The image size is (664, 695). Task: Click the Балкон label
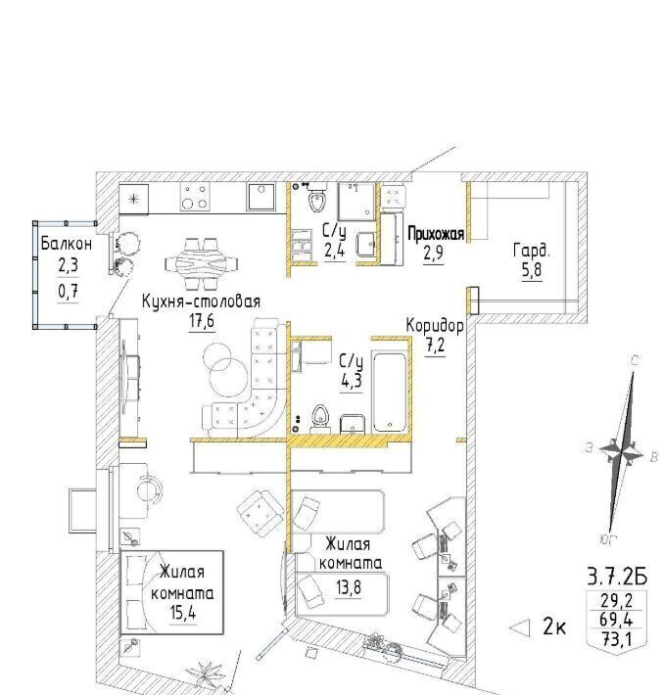[66, 244]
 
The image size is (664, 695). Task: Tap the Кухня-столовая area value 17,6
[202, 321]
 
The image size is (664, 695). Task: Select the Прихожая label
[436, 234]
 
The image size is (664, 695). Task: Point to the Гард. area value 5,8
[531, 270]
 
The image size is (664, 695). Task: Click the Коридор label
[435, 326]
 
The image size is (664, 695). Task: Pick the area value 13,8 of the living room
[349, 587]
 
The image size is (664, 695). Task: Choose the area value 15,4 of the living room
[183, 613]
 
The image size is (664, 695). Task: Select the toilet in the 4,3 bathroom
[319, 418]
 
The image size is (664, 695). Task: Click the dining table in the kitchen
[201, 264]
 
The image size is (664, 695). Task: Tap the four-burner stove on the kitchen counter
[195, 197]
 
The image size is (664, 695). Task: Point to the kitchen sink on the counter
[261, 197]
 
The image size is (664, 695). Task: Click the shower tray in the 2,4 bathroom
[357, 202]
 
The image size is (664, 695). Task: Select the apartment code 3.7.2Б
[617, 578]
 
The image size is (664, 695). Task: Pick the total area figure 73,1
[616, 639]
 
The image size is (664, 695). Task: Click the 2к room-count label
[554, 627]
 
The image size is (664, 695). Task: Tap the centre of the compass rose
[622, 452]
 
